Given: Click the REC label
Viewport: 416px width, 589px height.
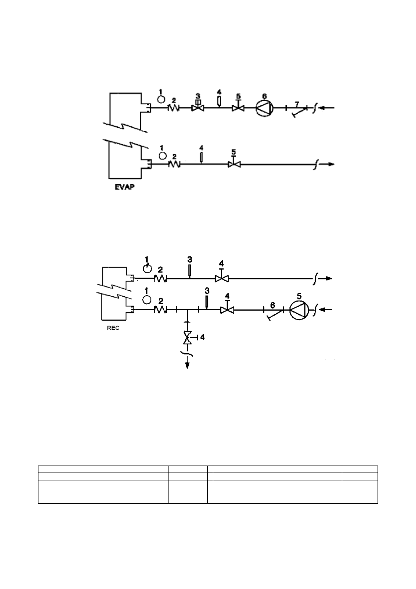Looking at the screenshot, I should pos(113,328).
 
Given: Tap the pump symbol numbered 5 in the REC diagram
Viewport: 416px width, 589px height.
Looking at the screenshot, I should pos(300,310).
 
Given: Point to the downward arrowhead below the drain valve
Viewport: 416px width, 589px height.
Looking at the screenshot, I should pos(188,365).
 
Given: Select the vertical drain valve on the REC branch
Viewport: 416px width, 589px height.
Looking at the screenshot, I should pos(188,337).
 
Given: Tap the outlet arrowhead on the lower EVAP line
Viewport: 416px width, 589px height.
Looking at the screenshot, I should pos(331,164).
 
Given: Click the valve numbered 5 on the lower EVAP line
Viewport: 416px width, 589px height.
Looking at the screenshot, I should pos(234,164).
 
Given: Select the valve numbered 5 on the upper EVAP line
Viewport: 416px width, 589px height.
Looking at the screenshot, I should pos(238,108).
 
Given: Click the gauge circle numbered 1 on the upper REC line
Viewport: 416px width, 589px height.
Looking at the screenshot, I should pos(148,268).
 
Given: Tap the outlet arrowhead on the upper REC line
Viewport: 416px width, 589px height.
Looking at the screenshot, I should pos(329,278).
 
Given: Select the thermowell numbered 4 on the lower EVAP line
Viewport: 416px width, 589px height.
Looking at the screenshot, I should pos(201,158).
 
